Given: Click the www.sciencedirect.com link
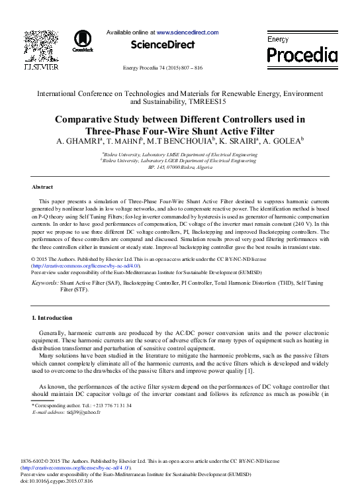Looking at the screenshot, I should [187, 32].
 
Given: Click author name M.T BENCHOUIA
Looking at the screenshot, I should [180, 140].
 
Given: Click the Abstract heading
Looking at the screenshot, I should [43, 187].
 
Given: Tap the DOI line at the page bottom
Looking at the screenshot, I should [57, 481].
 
